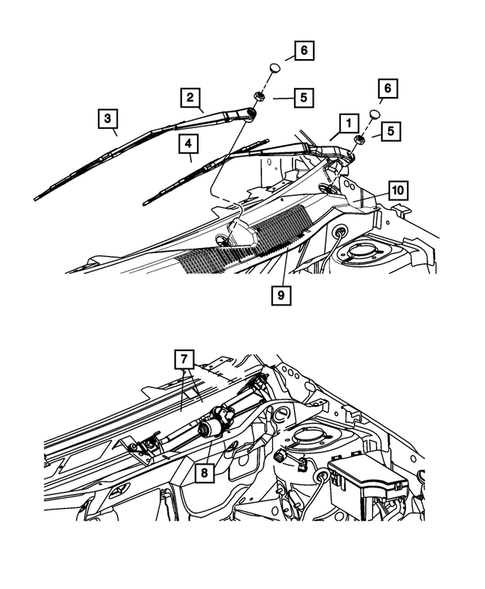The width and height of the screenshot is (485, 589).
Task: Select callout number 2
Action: (188, 97)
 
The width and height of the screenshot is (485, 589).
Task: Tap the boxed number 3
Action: (106, 119)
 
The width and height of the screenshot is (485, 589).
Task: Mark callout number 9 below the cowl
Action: (280, 295)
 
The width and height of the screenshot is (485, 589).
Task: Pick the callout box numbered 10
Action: (398, 189)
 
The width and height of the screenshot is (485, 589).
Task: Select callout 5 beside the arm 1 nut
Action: (389, 130)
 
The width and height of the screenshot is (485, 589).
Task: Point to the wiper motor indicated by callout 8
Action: (214, 430)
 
